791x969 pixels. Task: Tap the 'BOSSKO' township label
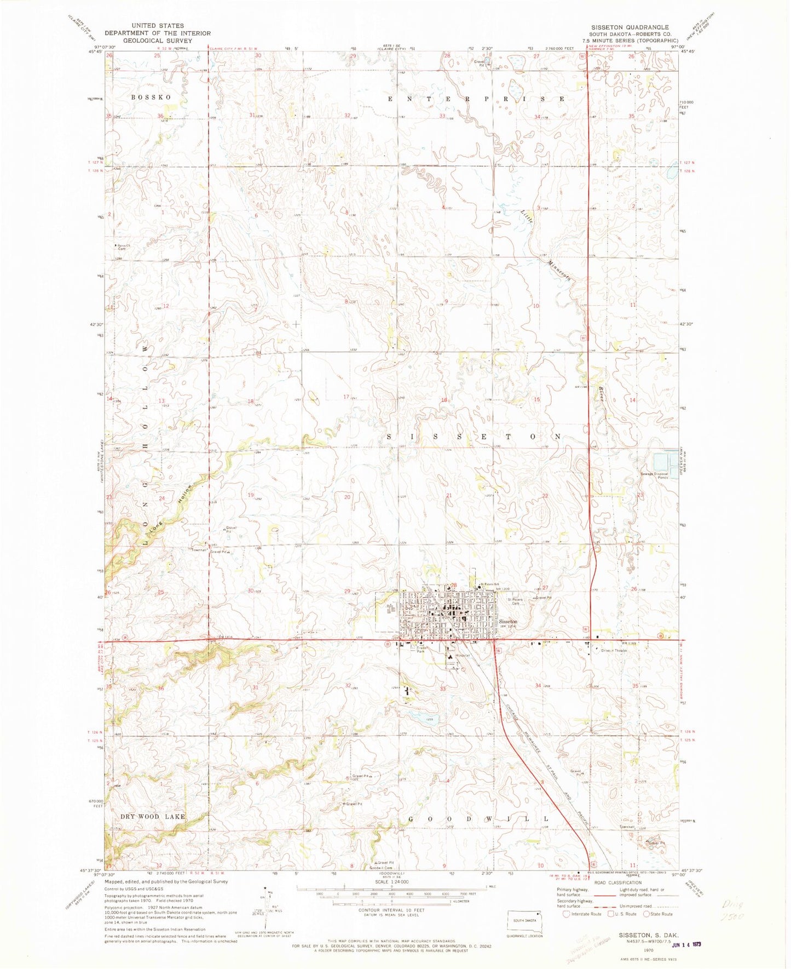(151, 97)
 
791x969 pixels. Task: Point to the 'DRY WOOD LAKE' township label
(153, 816)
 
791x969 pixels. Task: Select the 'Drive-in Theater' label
(614, 651)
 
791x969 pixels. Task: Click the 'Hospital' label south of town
(455, 656)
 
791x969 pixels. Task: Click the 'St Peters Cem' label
(515, 601)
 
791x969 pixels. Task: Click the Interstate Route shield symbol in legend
(566, 914)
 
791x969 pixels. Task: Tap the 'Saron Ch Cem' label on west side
(123, 246)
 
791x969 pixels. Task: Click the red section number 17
(346, 397)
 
